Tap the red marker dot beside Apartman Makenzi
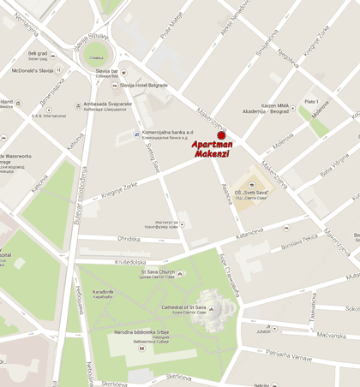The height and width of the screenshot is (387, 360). point(221,134)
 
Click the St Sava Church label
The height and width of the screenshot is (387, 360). point(159,274)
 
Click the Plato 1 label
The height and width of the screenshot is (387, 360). point(312,100)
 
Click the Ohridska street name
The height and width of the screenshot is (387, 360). point(129,239)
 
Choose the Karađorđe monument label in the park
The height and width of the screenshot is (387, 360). point(91,294)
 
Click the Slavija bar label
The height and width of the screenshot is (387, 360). point(106,71)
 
